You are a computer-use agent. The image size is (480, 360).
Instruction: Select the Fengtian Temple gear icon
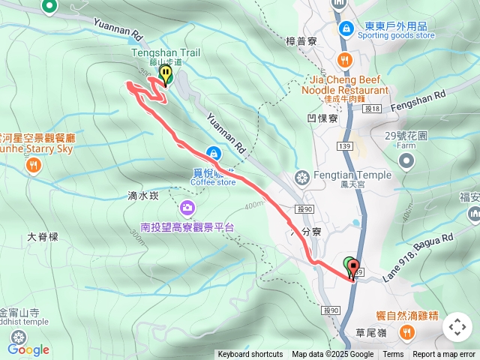(302, 178)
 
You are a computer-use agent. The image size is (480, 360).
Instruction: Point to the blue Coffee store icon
(214, 153)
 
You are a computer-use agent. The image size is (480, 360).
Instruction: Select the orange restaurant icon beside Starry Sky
(33, 166)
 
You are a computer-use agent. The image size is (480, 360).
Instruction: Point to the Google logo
(28, 349)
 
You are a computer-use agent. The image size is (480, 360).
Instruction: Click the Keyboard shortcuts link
(250, 355)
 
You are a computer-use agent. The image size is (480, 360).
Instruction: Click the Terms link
(393, 355)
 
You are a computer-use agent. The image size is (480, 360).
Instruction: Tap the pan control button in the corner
(457, 327)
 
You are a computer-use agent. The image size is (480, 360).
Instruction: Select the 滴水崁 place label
(143, 196)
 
